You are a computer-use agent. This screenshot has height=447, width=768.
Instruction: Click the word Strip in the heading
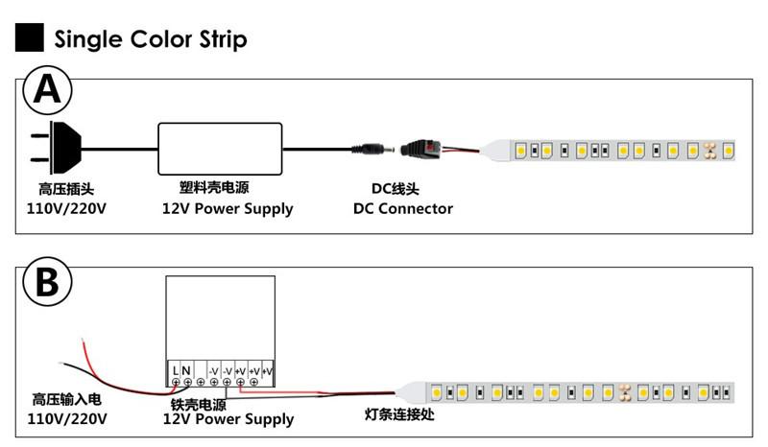pos(219,39)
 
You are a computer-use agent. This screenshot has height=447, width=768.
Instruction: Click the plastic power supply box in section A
pos(221,148)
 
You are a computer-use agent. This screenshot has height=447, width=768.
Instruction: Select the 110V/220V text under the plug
pos(65,208)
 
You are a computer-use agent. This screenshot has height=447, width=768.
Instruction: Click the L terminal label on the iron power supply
pos(176,370)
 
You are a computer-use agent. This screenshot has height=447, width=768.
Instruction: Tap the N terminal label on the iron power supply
pos(186,370)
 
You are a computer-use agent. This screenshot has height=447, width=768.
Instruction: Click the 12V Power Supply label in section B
pos(228,419)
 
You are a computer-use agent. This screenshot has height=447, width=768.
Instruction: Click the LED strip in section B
pos(576,392)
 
